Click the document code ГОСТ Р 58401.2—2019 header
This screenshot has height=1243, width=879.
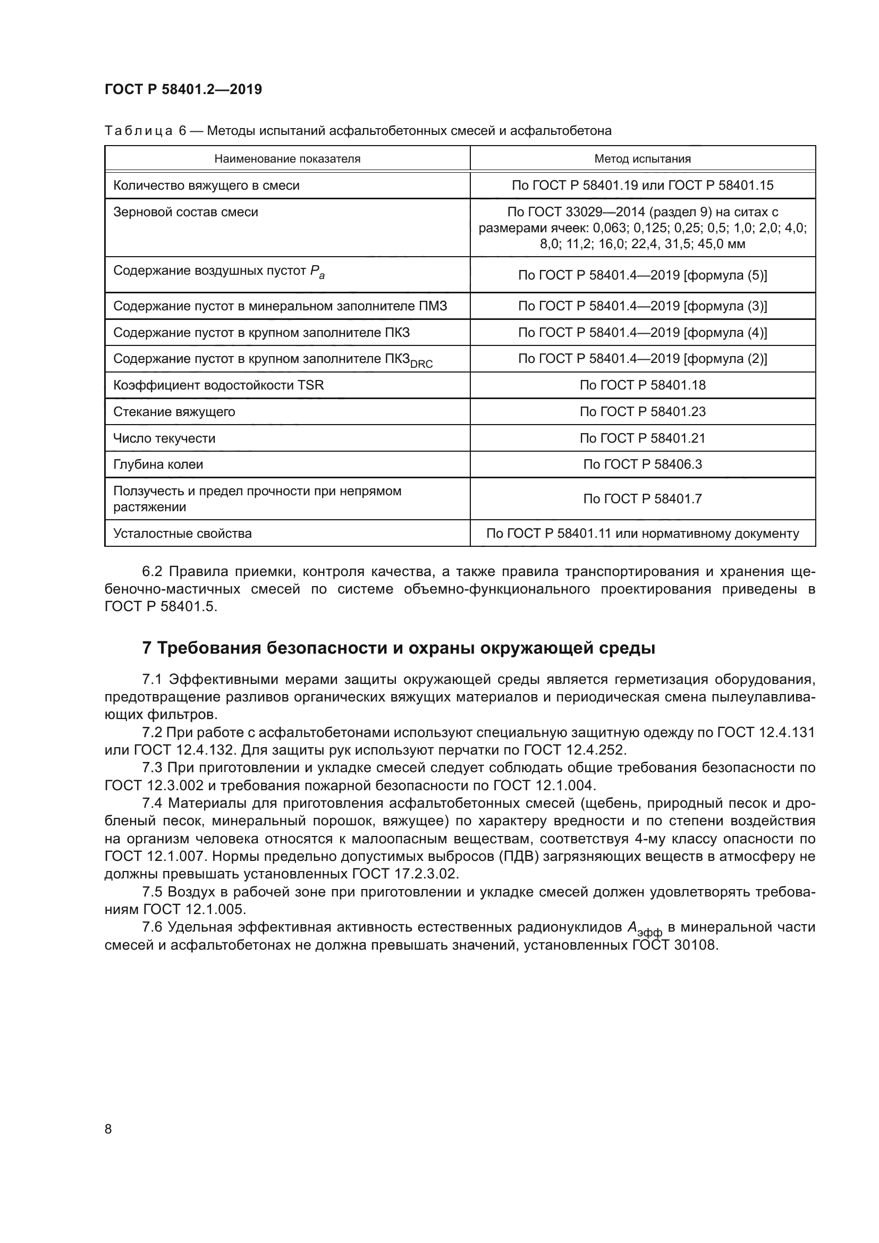pyautogui.click(x=183, y=89)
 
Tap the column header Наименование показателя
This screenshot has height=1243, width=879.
pyautogui.click(x=287, y=158)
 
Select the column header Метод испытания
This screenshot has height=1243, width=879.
pyautogui.click(x=642, y=158)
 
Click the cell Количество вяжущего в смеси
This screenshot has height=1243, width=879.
pyautogui.click(x=206, y=185)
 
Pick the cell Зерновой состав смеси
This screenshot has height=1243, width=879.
pyautogui.click(x=185, y=212)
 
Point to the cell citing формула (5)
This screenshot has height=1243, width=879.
pyautogui.click(x=642, y=275)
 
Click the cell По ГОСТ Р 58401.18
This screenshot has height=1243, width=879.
pyautogui.click(x=642, y=385)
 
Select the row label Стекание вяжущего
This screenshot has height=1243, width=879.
pyautogui.click(x=174, y=411)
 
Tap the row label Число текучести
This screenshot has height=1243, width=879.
pyautogui.click(x=164, y=438)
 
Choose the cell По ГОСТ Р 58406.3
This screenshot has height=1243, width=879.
pyautogui.click(x=642, y=464)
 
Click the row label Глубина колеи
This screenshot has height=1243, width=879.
pyautogui.click(x=158, y=464)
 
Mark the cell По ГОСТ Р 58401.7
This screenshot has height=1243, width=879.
pyautogui.click(x=642, y=498)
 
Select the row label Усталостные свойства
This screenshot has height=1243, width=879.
pyautogui.click(x=182, y=533)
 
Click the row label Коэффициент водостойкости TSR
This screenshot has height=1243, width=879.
pyautogui.click(x=218, y=385)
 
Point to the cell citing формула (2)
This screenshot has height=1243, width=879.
pyautogui.click(x=642, y=358)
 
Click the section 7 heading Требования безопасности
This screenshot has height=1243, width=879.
pyautogui.click(x=399, y=648)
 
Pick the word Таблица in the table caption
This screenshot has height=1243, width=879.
pyautogui.click(x=139, y=131)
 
